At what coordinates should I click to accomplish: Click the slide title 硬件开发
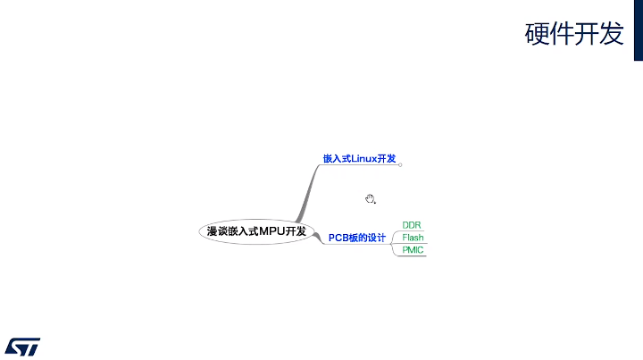pos(572,33)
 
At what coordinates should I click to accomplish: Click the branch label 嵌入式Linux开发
pos(359,158)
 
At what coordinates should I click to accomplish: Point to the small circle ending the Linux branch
pos(400,164)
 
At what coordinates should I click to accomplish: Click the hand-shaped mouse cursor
pos(370,199)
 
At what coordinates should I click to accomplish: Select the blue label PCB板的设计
pos(356,238)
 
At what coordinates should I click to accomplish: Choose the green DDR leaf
pos(412,224)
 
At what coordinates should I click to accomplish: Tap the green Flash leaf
pos(413,238)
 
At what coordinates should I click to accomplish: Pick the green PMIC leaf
pos(413,250)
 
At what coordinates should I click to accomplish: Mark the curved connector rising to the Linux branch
pos(309,191)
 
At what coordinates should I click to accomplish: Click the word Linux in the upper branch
pos(364,158)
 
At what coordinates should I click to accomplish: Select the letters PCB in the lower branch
pos(338,238)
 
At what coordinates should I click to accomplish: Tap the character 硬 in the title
pos(536,33)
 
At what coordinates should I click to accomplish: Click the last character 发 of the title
pos(611,33)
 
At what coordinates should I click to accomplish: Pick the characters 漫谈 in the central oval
pos(217,231)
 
